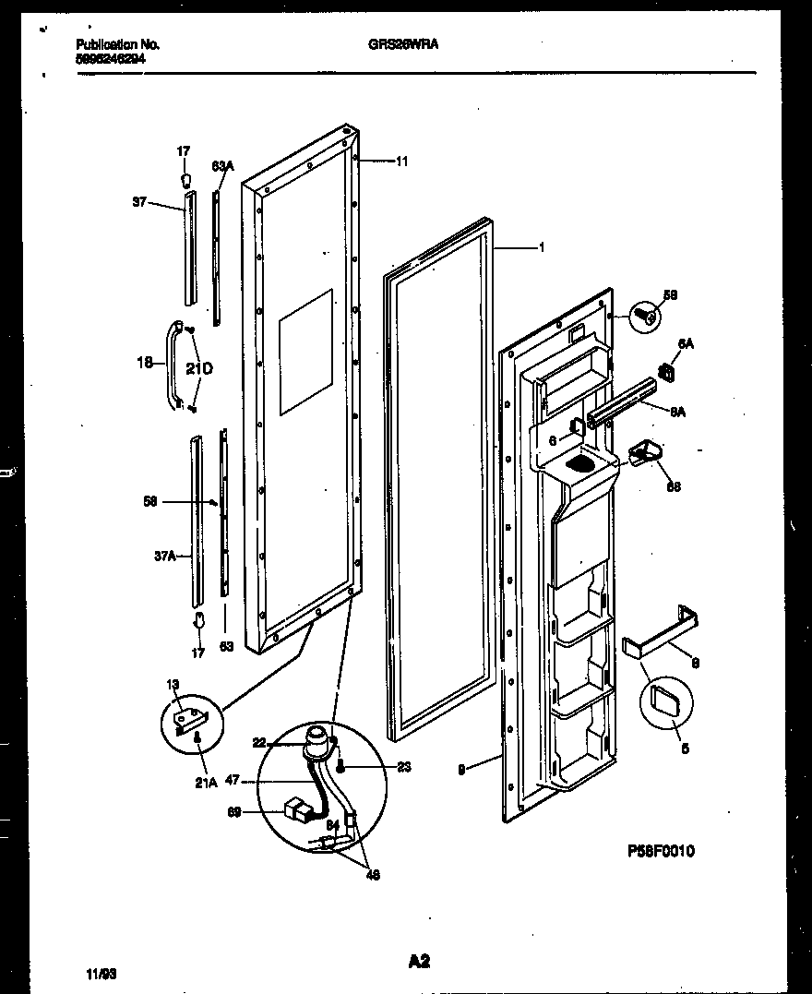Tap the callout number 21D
[x=199, y=369]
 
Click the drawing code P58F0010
[x=661, y=850]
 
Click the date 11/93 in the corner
[x=101, y=974]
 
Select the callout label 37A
[x=164, y=557]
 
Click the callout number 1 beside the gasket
[x=542, y=246]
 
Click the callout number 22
[x=259, y=742]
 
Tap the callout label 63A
[x=222, y=166]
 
